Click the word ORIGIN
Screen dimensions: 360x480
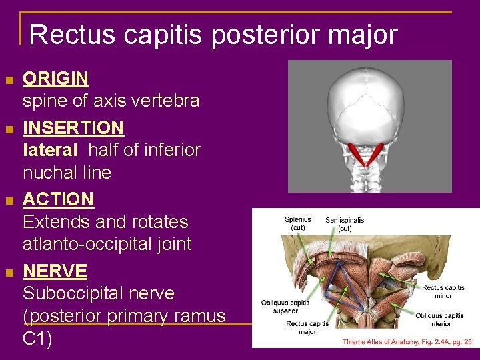click(x=56, y=79)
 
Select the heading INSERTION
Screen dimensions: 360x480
click(x=73, y=127)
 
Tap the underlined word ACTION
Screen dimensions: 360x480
click(x=58, y=199)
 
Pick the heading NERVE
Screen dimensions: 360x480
click(x=55, y=271)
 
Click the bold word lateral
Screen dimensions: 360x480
click(x=50, y=150)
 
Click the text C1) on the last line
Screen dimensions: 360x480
click(x=38, y=338)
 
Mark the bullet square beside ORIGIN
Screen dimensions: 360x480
click(x=9, y=81)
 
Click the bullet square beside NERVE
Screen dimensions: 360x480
click(x=9, y=273)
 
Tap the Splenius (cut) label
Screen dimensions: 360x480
click(x=298, y=224)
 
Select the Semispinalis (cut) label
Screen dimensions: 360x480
click(x=345, y=224)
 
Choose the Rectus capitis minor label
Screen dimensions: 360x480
click(x=443, y=291)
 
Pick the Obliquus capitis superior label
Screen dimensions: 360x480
click(x=285, y=307)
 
